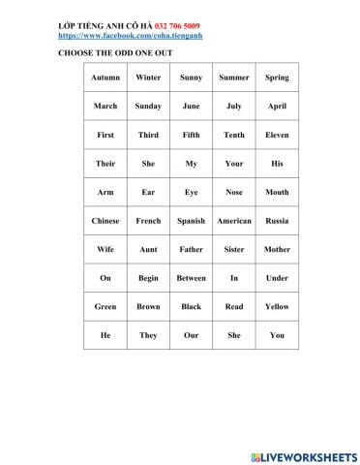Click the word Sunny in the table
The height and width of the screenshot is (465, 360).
pyautogui.click(x=191, y=77)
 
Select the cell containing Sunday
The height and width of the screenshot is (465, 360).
pyautogui.click(x=148, y=107)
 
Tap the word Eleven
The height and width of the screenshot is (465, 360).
pyautogui.click(x=277, y=136)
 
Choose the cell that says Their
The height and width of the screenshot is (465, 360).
pyautogui.click(x=105, y=164)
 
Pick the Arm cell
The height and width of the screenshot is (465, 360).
pyautogui.click(x=105, y=193)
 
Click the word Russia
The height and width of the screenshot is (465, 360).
pyautogui.click(x=277, y=221)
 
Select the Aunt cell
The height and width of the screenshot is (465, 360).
pyautogui.click(x=148, y=250)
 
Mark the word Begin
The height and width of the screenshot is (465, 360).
pyautogui.click(x=148, y=278)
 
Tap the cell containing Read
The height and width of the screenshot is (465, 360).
pyautogui.click(x=234, y=307)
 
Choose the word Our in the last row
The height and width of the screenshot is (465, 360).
pyautogui.click(x=191, y=335)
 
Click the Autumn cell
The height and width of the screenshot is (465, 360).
pyautogui.click(x=105, y=77)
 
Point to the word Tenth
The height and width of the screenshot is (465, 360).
pyautogui.click(x=234, y=136)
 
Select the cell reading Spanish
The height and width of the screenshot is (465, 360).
pyautogui.click(x=191, y=221)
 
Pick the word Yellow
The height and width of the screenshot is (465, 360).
pyautogui.click(x=277, y=307)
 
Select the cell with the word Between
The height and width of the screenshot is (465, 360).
pyautogui.click(x=191, y=278)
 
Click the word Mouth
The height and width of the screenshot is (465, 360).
pyautogui.click(x=277, y=193)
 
